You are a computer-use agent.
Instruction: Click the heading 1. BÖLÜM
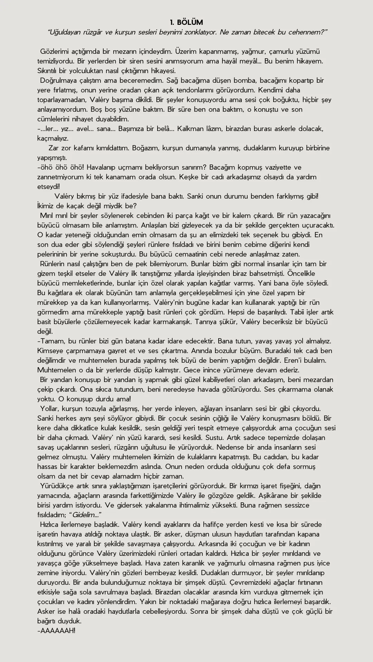(186, 22)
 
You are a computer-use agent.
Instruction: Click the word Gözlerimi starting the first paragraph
(54, 51)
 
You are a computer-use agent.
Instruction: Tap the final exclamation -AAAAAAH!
(56, 631)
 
